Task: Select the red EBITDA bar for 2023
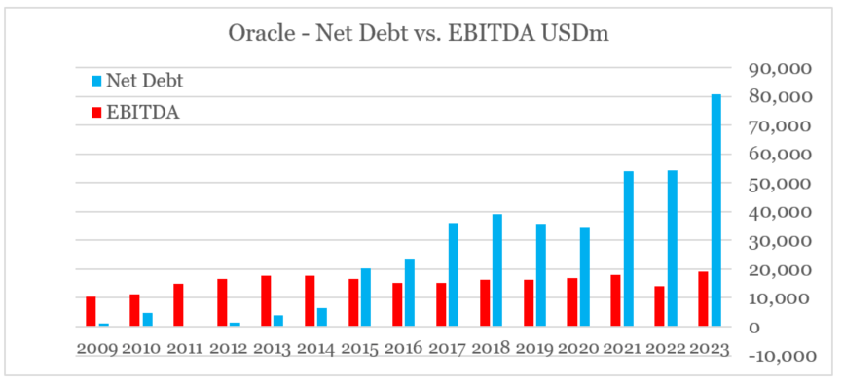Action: [x=703, y=298]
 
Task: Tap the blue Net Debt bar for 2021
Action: [x=628, y=249]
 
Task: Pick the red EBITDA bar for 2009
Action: [x=91, y=311]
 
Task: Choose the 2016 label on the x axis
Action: [x=402, y=345]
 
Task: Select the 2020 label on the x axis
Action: [x=577, y=345]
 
